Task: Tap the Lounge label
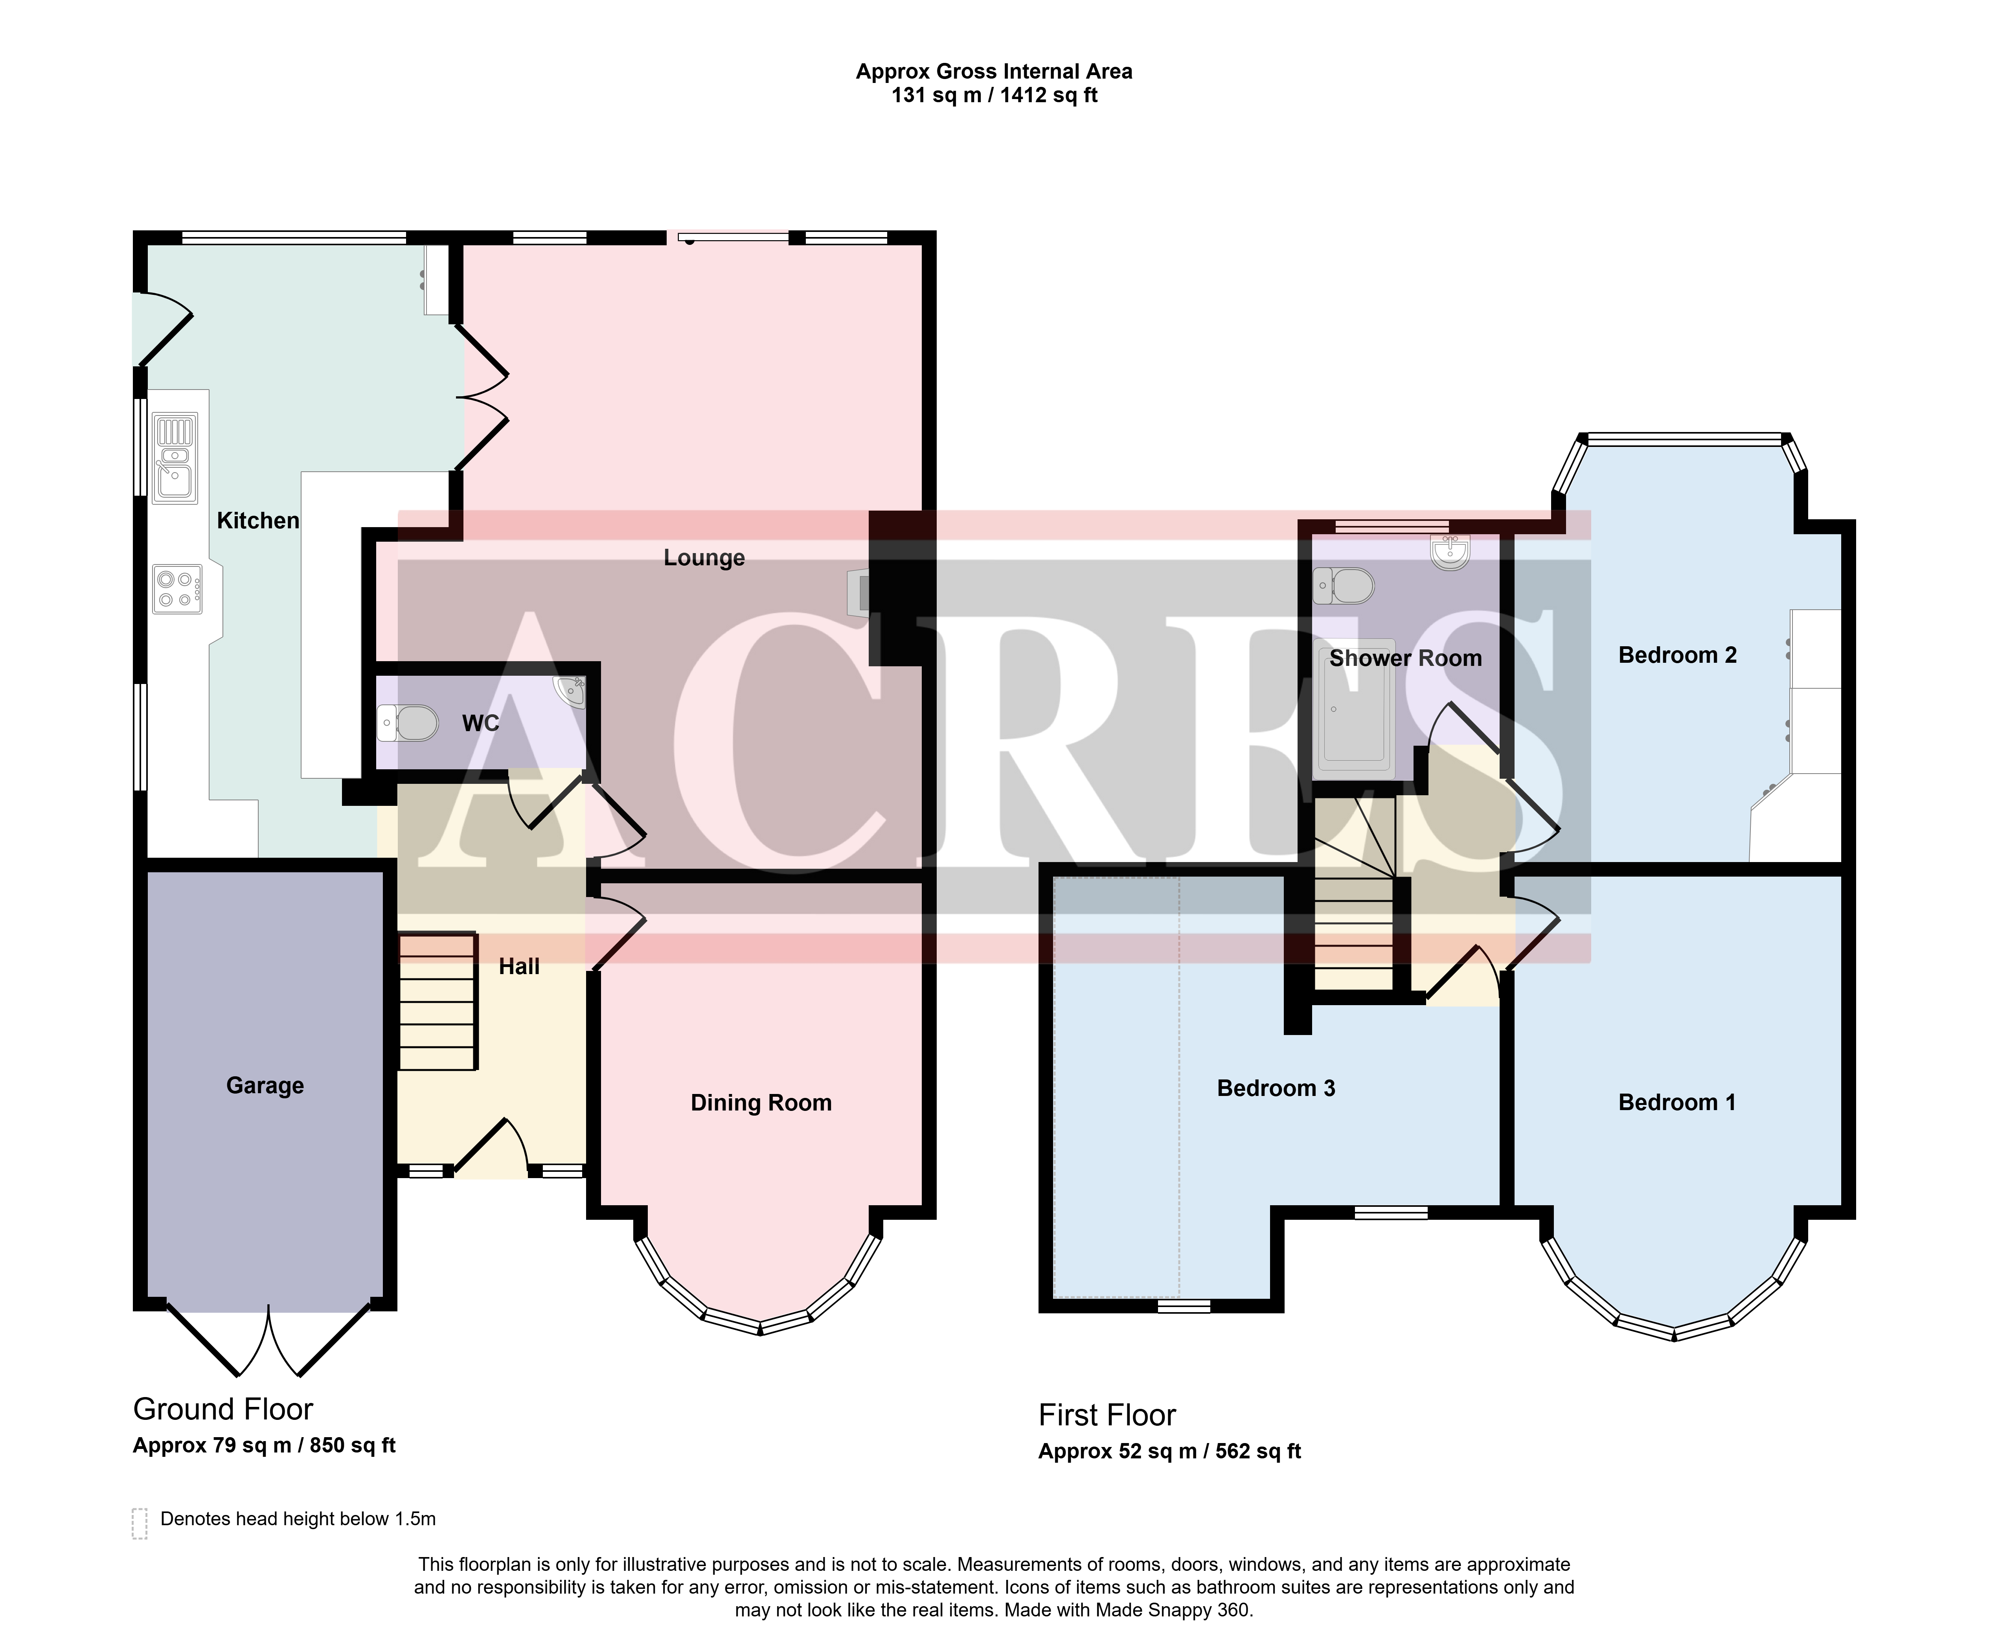[704, 558]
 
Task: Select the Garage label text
[265, 1085]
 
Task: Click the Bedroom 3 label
[1276, 1088]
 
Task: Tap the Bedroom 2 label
[1677, 655]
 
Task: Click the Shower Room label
[1406, 658]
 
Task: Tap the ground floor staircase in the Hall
[437, 1002]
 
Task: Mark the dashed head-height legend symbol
[139, 1523]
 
